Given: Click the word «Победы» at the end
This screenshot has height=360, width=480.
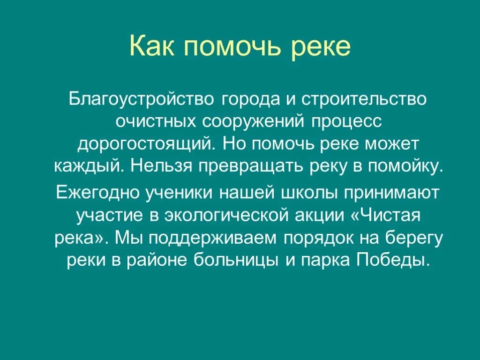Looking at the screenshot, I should (393, 260).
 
